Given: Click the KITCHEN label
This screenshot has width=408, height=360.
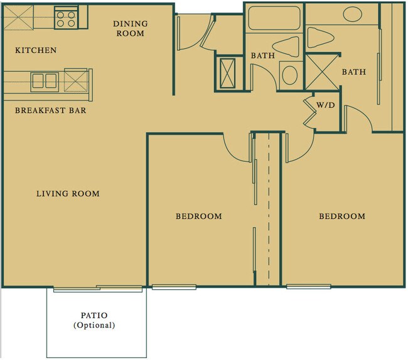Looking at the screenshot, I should pyautogui.click(x=36, y=50).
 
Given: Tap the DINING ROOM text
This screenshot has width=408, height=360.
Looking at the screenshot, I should pyautogui.click(x=130, y=28).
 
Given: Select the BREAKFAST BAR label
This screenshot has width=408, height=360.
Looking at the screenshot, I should pyautogui.click(x=50, y=111).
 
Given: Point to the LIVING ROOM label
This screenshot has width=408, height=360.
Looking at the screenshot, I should pyautogui.click(x=67, y=194).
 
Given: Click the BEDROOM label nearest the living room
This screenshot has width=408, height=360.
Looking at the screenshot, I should pyautogui.click(x=198, y=216).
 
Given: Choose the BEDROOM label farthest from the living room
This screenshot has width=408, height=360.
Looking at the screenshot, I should pyautogui.click(x=342, y=216).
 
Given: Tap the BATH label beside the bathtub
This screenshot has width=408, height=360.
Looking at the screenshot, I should pyautogui.click(x=263, y=56).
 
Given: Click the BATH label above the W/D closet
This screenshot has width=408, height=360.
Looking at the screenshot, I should pyautogui.click(x=353, y=72).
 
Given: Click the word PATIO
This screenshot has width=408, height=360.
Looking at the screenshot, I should pyautogui.click(x=94, y=315).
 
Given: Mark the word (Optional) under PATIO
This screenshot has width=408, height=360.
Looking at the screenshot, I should pyautogui.click(x=94, y=326).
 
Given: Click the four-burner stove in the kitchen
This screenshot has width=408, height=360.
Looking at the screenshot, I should pyautogui.click(x=66, y=17).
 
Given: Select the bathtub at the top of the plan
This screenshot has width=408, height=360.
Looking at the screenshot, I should pyautogui.click(x=274, y=18).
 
